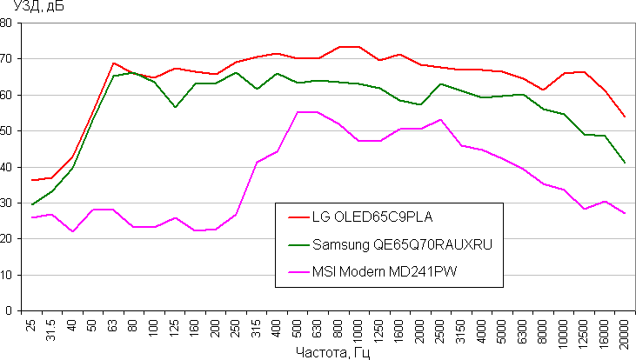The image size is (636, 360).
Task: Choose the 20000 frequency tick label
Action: pos(625,330)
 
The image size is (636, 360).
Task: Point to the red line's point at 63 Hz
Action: pos(113,63)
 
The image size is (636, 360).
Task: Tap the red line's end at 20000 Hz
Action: pos(625,117)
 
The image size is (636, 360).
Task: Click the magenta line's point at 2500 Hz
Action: pos(440,120)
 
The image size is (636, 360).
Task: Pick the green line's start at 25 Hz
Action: pos(33,204)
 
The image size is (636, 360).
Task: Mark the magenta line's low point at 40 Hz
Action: pos(73,231)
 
